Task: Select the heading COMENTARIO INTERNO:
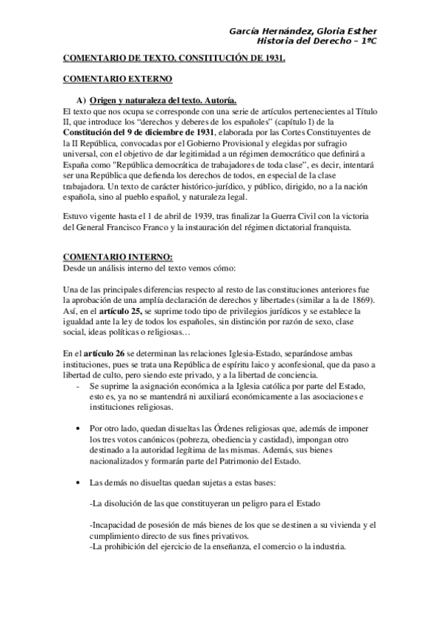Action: (107, 256)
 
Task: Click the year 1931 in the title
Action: (270, 56)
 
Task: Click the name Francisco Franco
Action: (138, 228)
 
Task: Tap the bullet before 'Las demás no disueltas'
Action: (80, 482)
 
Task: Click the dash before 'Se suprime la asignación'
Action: (79, 386)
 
